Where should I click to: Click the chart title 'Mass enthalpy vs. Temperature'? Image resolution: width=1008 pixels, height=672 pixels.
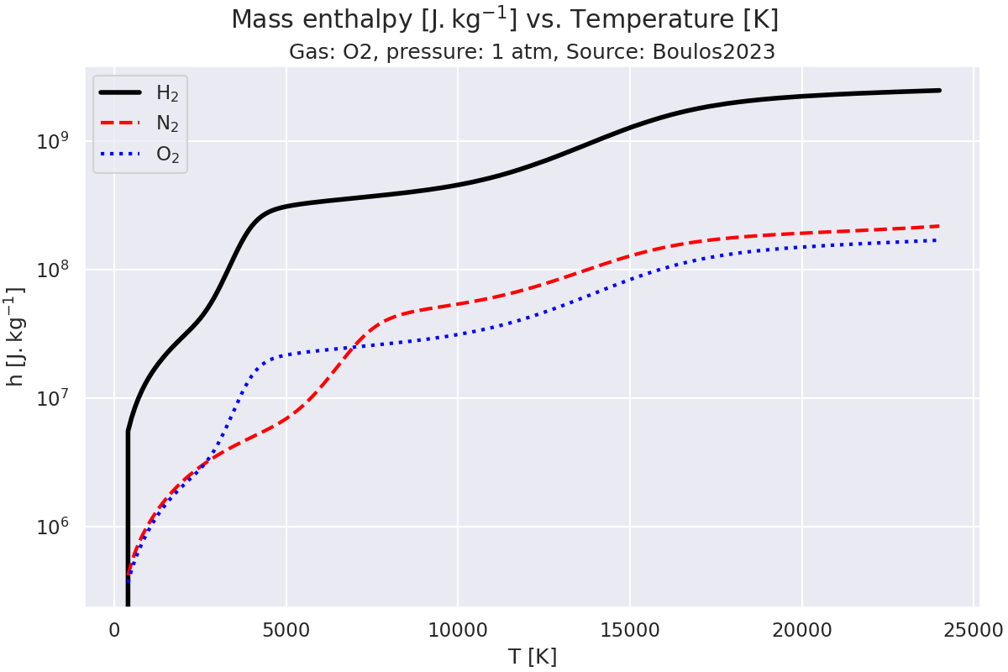click(x=504, y=19)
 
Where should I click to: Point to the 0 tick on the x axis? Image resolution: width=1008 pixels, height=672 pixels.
click(x=115, y=629)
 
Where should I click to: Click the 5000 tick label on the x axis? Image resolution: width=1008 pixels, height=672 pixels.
click(x=286, y=629)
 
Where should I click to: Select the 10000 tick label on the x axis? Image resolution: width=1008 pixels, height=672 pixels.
click(x=458, y=629)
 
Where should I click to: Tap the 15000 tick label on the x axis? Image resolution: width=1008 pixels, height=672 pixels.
click(x=630, y=629)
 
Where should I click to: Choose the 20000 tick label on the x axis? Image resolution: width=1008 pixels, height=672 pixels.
click(x=801, y=629)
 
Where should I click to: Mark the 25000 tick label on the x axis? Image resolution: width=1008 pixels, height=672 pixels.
click(x=973, y=629)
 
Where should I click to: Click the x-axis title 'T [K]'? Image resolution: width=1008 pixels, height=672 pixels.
click(x=533, y=656)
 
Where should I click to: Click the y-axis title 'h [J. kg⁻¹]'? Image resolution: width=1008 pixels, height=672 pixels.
click(x=15, y=336)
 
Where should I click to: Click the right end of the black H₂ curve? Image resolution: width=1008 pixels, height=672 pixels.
click(x=939, y=90)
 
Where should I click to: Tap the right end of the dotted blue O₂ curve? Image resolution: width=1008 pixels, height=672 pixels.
click(x=937, y=240)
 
